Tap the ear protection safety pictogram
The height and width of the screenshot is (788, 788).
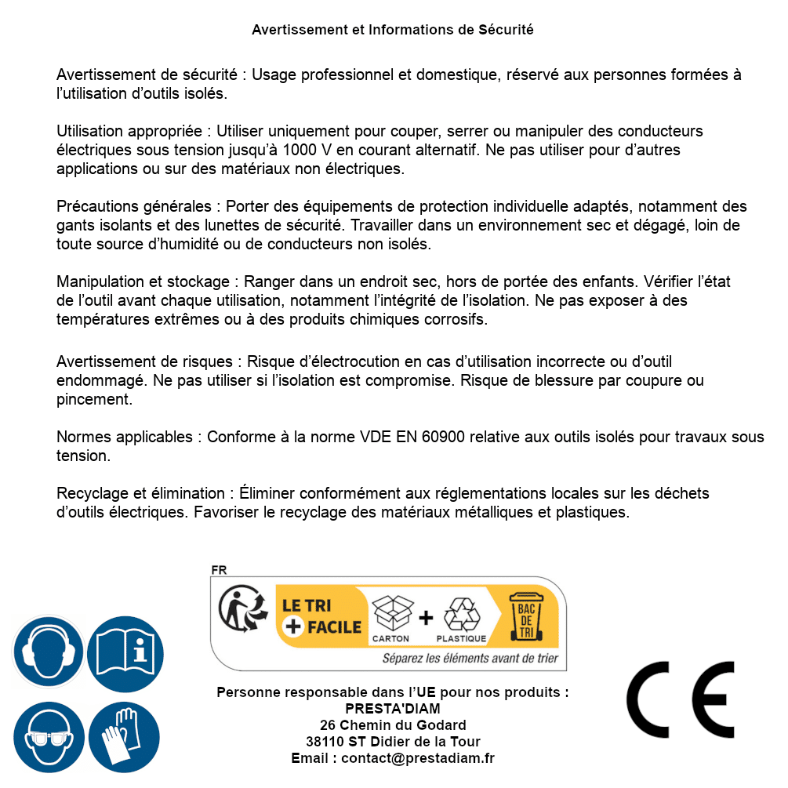48,651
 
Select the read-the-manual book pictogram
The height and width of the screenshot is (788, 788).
125,651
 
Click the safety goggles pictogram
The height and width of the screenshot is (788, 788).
48,737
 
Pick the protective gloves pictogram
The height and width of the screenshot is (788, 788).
125,737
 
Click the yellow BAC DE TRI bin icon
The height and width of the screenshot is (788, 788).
527,619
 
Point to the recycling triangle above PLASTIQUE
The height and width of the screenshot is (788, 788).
461,614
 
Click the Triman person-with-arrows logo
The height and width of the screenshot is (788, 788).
240,611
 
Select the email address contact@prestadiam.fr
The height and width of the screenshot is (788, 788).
418,758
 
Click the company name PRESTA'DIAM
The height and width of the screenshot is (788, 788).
393,709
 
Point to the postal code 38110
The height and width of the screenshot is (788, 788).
322,742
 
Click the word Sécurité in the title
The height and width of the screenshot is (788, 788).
506,30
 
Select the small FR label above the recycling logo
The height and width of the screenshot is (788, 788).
220,571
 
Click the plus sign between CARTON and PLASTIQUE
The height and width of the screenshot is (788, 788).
426,618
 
